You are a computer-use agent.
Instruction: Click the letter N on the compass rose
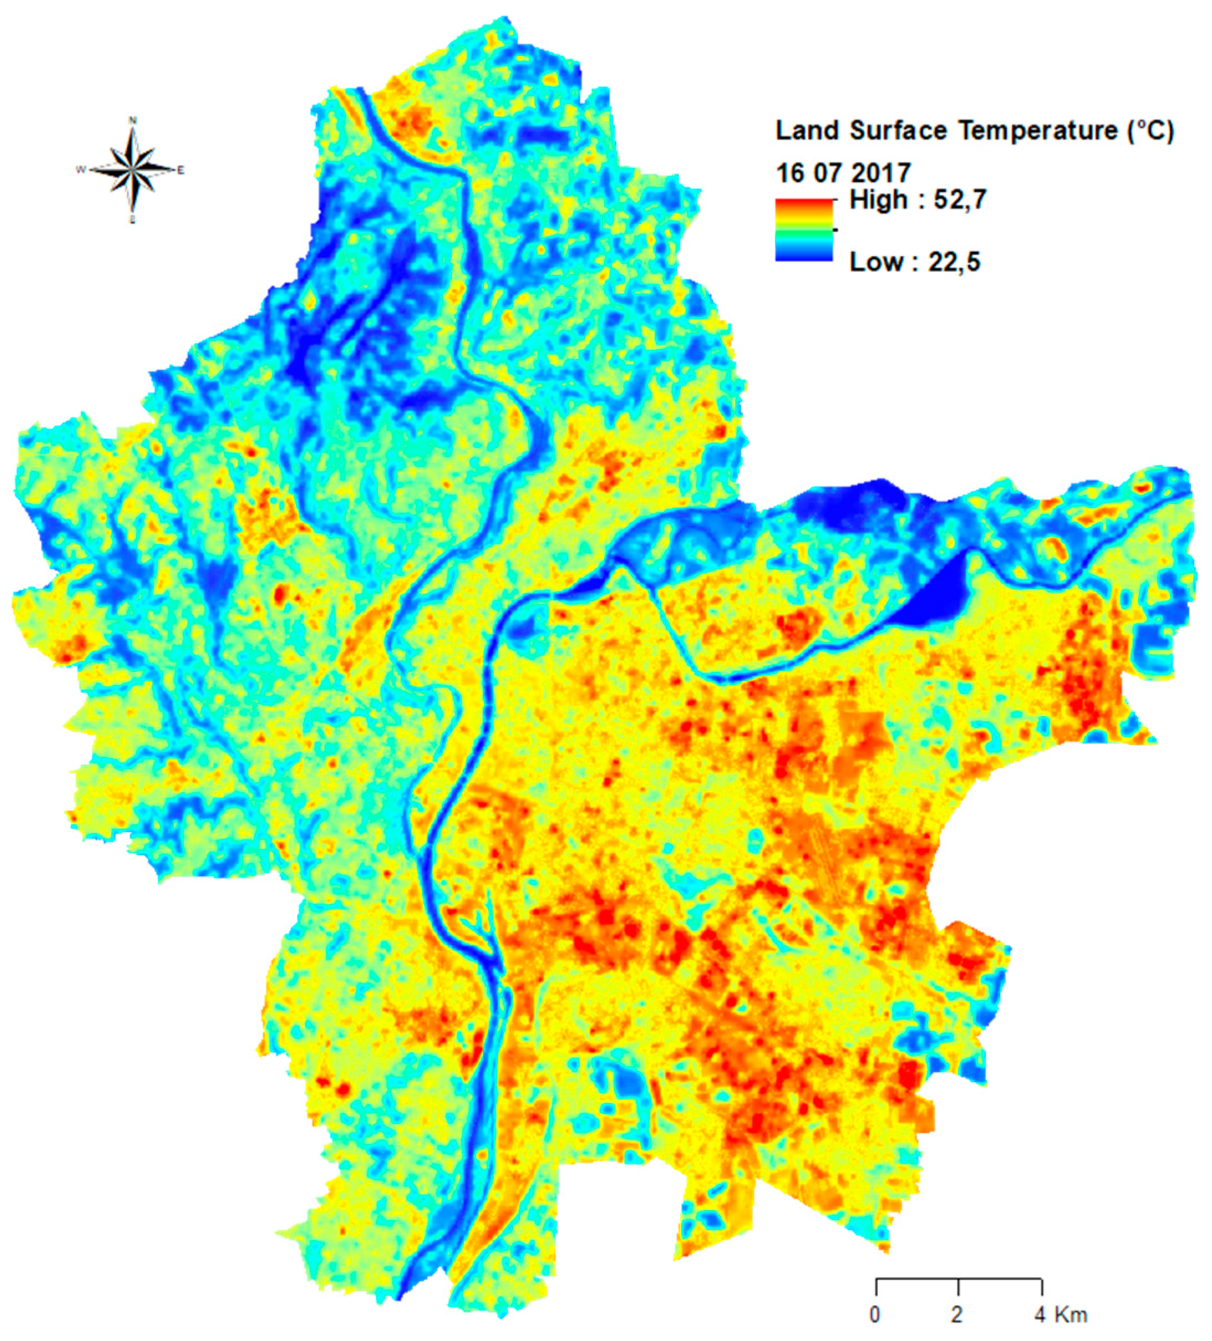[x=133, y=120]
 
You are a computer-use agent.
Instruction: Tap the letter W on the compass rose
[x=81, y=170]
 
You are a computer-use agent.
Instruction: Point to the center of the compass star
[x=133, y=170]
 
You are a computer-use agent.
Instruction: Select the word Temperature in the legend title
[x=1038, y=131]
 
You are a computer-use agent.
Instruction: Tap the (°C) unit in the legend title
[x=1151, y=131]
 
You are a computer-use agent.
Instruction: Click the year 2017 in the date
[x=882, y=173]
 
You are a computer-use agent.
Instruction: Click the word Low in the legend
[x=875, y=262]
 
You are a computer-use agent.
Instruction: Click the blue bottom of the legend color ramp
[x=803, y=255]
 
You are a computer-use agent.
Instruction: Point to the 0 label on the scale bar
[x=875, y=1314]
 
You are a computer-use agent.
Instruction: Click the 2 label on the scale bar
[x=957, y=1314]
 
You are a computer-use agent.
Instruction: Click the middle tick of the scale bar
[x=958, y=1285]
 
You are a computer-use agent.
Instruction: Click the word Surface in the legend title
[x=899, y=131]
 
